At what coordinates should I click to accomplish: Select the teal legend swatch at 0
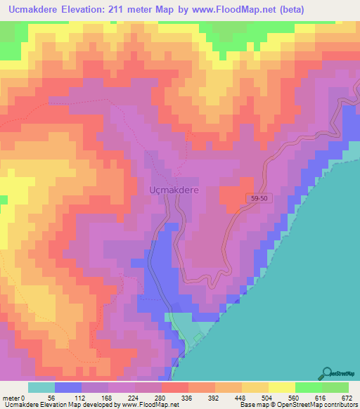tap(41, 388)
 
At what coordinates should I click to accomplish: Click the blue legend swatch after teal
tap(67, 388)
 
